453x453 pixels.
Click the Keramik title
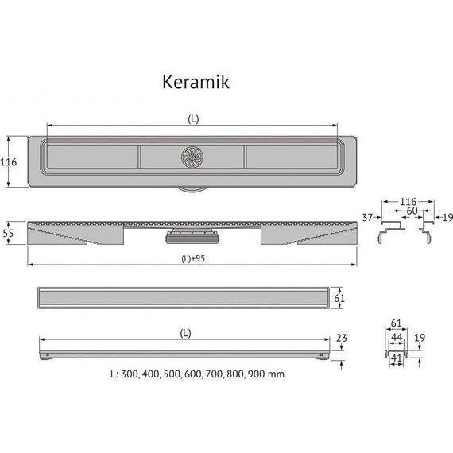pos(195,82)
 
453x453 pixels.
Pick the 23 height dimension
pos(342,339)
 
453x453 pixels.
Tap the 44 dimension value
pos(395,338)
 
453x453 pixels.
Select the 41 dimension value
pos(395,360)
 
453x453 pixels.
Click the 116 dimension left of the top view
pos(9,161)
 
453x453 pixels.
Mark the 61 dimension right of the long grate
pos(341,297)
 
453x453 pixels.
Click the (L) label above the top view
pos(193,119)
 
